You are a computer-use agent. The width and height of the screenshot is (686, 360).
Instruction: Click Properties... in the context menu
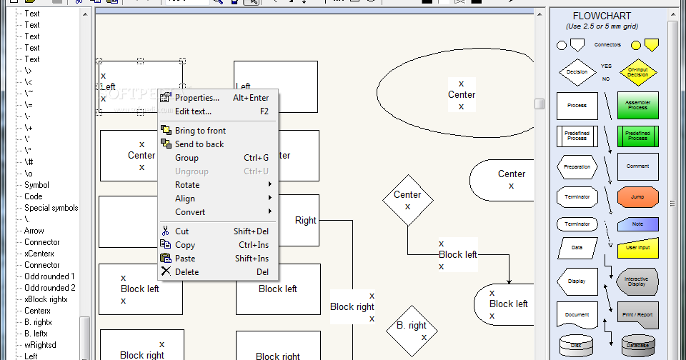(x=197, y=98)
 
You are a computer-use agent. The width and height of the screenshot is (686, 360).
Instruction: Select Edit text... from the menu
(x=193, y=111)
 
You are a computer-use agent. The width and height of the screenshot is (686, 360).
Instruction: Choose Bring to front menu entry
(x=200, y=131)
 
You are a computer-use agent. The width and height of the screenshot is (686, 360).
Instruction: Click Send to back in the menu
(x=199, y=144)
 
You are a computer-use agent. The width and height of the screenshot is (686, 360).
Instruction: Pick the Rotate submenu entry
(x=187, y=185)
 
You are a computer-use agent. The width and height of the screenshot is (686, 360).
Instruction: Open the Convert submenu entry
(x=190, y=212)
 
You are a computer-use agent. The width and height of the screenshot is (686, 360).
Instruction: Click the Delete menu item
(x=187, y=272)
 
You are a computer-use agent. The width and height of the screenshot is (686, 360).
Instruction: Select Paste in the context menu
(x=185, y=259)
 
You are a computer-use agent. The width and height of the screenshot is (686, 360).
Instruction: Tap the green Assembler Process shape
(x=637, y=105)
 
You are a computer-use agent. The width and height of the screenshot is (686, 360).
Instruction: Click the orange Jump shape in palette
(x=637, y=196)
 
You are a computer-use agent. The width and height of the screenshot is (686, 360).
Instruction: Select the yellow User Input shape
(x=637, y=248)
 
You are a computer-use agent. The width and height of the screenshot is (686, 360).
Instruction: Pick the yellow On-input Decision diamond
(x=637, y=72)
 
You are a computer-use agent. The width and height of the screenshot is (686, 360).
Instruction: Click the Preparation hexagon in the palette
(x=577, y=166)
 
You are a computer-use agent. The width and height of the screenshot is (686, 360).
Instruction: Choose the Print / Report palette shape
(x=637, y=314)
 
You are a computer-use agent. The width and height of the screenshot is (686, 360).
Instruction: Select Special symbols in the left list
(x=51, y=208)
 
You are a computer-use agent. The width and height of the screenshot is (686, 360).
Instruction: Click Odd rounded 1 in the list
(x=49, y=276)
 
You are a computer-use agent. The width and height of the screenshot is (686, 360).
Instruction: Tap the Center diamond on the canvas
(x=407, y=200)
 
